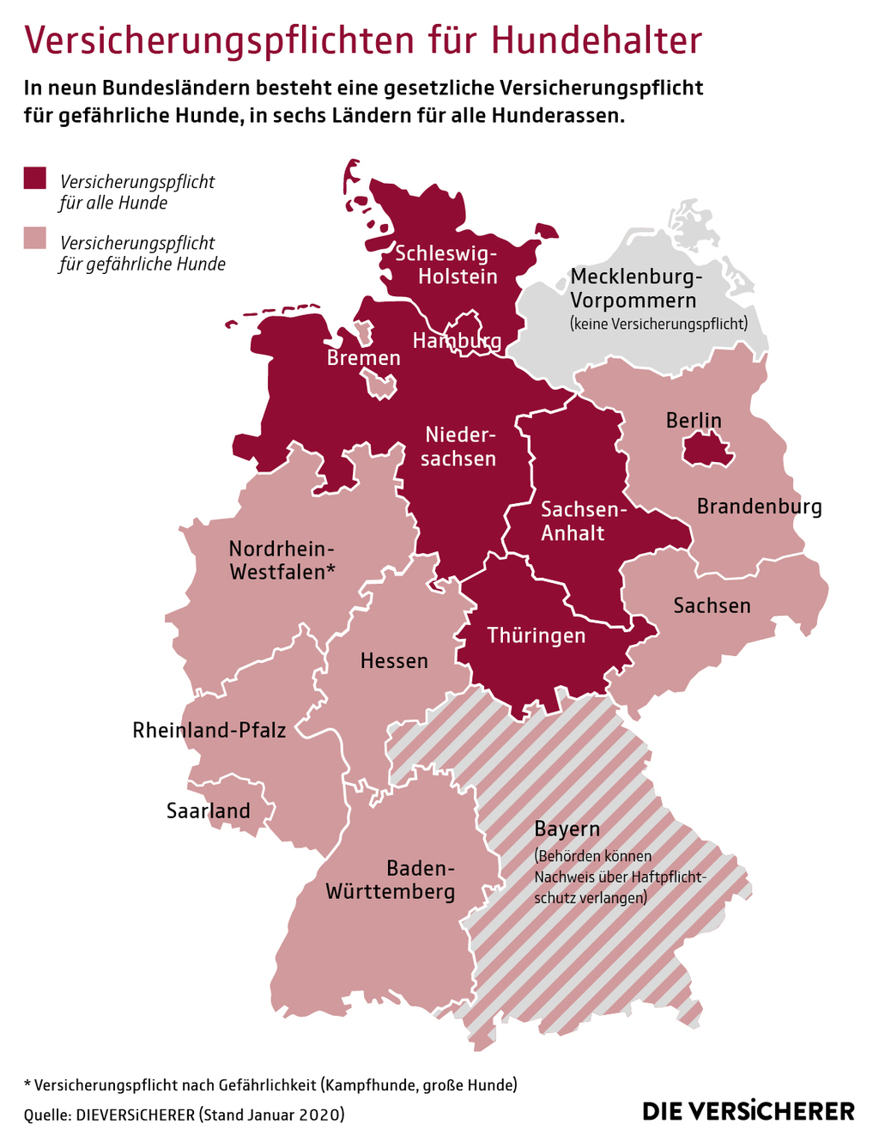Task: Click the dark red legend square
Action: coord(34,177)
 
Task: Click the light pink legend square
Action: coord(34,238)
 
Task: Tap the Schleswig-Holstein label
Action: coord(445,264)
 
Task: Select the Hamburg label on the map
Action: coord(457,341)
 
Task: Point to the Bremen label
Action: coord(364,358)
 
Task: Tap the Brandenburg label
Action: coord(759,507)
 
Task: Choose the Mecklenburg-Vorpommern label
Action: coord(637,289)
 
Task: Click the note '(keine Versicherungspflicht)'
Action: coord(658,324)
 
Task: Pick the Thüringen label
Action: coord(536,635)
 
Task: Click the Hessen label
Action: coord(394,661)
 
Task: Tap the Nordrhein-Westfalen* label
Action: coord(282,560)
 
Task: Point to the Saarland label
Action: coord(209,811)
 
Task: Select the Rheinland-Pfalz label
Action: coord(209,731)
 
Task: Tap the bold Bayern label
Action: coord(567,829)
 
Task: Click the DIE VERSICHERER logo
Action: coord(749,1110)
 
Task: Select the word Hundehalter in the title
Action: coord(597,40)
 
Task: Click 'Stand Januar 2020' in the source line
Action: coord(271,1115)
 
